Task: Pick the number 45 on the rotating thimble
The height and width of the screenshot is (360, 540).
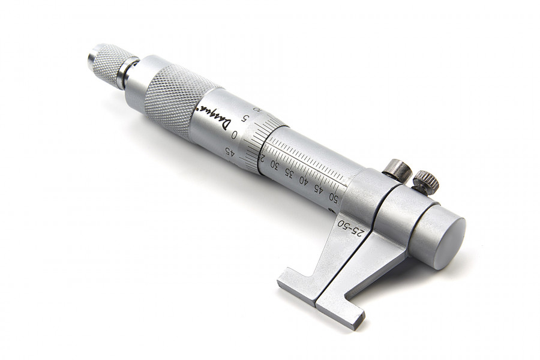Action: click(x=229, y=151)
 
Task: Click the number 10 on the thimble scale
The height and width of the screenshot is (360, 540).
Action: click(x=257, y=109)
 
